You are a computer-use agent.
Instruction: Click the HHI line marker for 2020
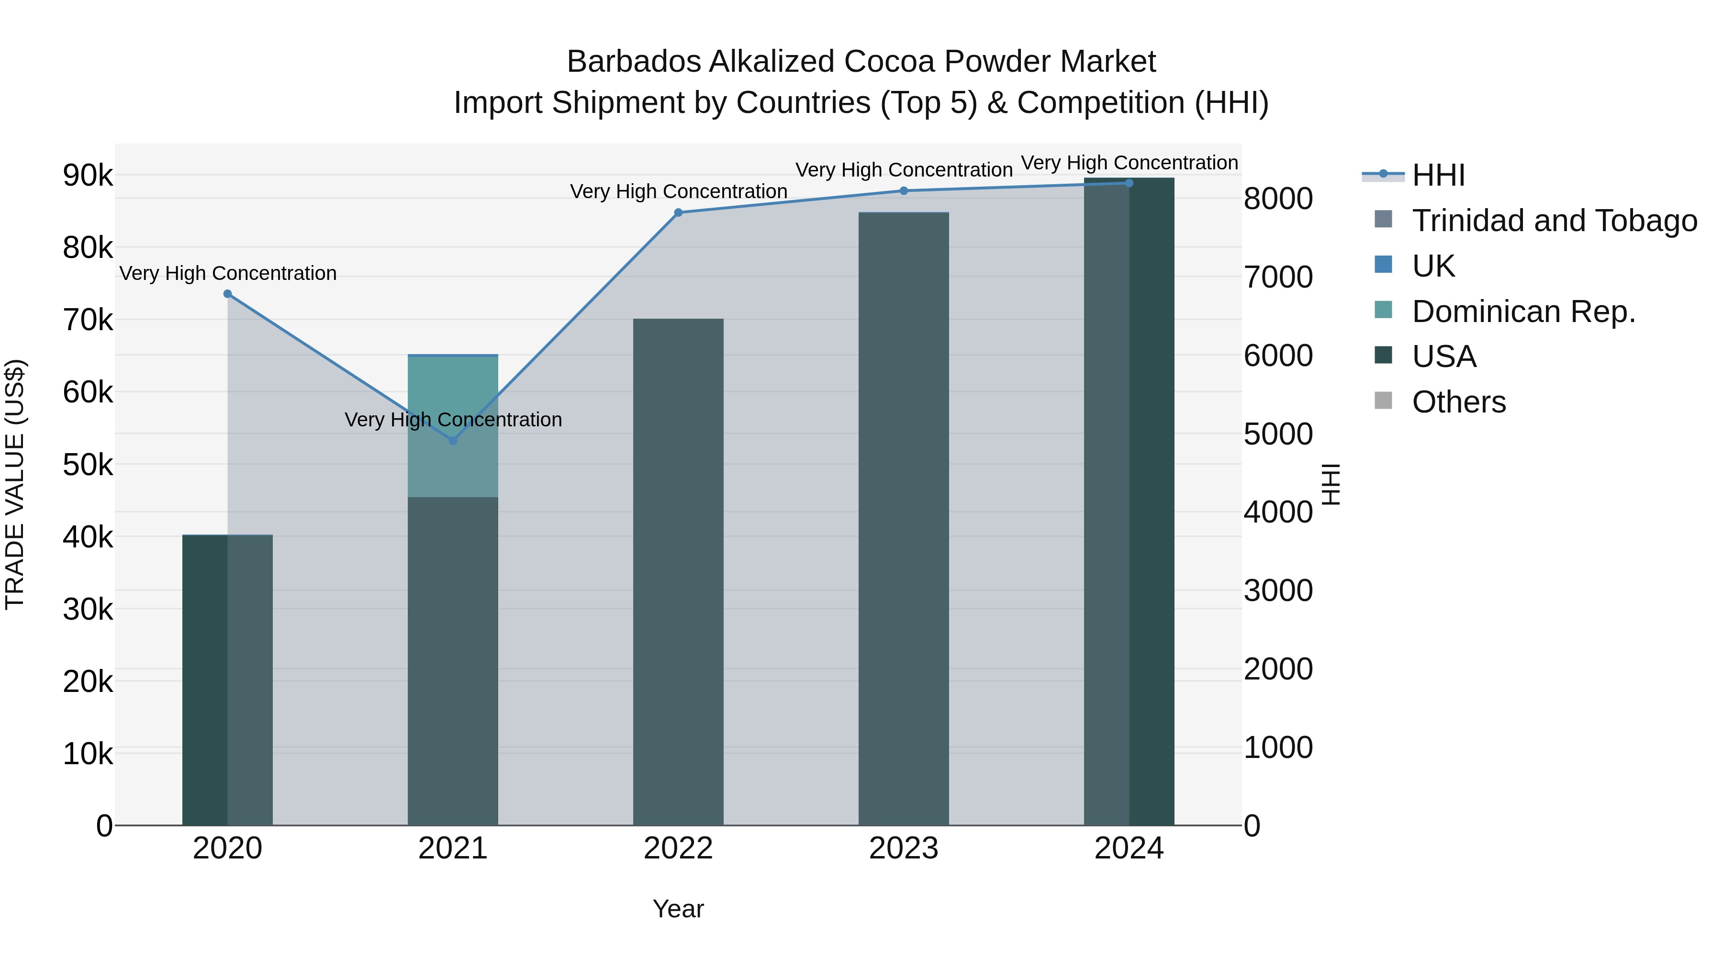click(x=227, y=294)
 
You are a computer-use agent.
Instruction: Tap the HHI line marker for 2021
click(x=453, y=441)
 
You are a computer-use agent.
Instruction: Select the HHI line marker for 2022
click(x=678, y=212)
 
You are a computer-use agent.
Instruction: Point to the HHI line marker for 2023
click(x=904, y=190)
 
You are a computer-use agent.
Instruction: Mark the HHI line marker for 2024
click(x=1129, y=183)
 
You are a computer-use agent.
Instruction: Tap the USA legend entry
click(x=1443, y=356)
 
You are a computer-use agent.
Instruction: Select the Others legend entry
click(x=1458, y=402)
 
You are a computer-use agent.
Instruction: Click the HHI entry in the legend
click(x=1438, y=175)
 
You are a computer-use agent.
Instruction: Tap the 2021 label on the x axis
click(x=453, y=848)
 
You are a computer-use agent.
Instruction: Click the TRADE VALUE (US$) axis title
click(x=15, y=484)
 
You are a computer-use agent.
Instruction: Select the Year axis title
click(x=678, y=909)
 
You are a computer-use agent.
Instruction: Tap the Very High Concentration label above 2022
click(x=678, y=191)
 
